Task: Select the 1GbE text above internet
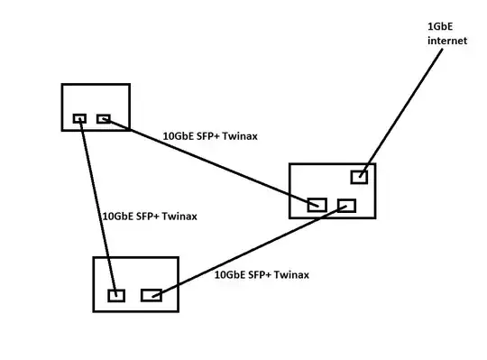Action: [439, 27]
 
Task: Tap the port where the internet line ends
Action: [359, 177]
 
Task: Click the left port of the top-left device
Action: [79, 118]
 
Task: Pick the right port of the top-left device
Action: [103, 118]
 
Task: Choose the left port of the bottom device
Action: [115, 294]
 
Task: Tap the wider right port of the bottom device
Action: [151, 294]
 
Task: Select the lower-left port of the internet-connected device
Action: [317, 205]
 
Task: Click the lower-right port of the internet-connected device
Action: [346, 205]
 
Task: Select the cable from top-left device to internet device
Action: [207, 161]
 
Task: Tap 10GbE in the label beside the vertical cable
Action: [117, 217]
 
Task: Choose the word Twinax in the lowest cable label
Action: [291, 274]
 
